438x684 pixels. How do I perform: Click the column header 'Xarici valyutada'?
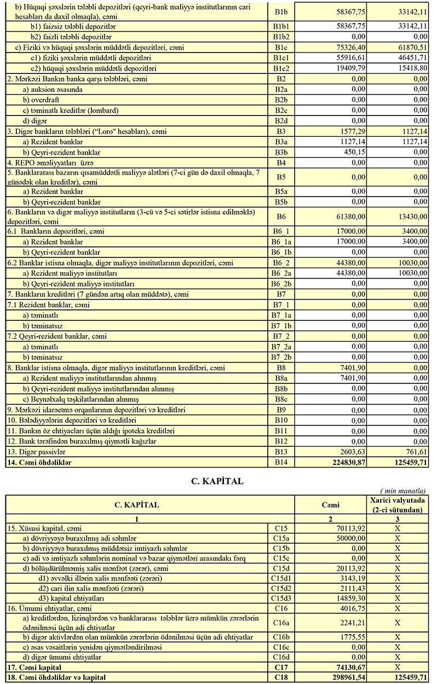tap(398, 501)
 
